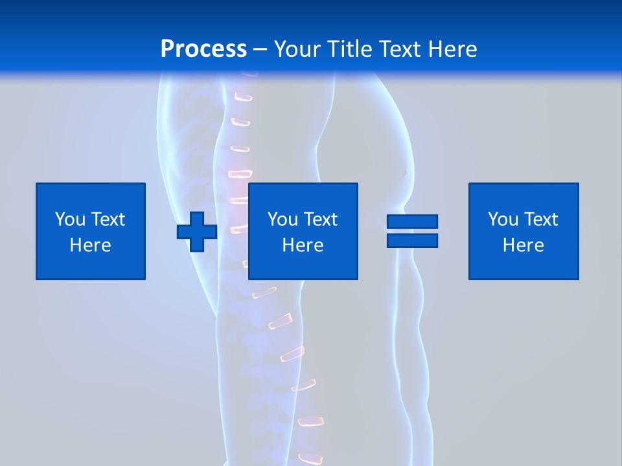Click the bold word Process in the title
[203, 49]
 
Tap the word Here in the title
[452, 49]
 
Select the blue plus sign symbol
[197, 231]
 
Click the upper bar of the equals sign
[412, 221]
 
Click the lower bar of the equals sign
[412, 240]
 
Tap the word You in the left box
[70, 219]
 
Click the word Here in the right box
[524, 245]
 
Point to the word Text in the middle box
[321, 219]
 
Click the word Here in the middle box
[303, 245]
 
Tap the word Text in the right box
[542, 219]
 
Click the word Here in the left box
[91, 245]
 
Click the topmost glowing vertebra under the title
[243, 98]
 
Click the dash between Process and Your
[260, 49]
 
